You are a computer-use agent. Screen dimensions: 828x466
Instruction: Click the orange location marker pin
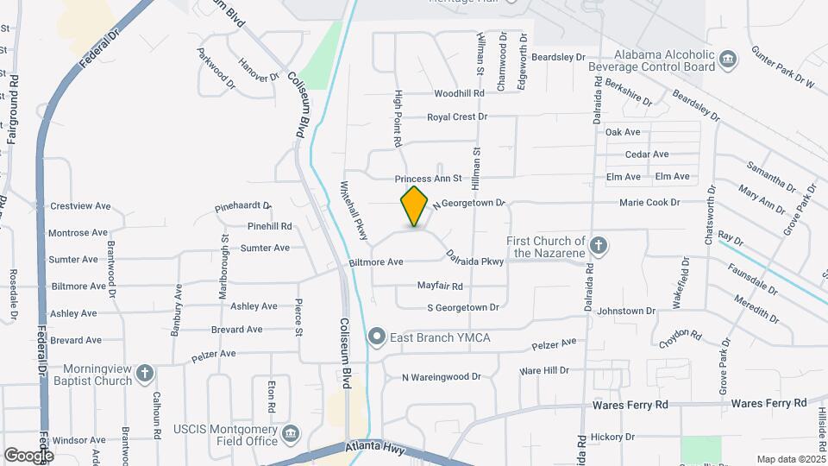click(415, 206)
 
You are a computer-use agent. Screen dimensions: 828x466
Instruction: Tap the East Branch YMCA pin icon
click(376, 337)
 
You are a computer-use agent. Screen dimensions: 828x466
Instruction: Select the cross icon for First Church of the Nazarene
click(599, 247)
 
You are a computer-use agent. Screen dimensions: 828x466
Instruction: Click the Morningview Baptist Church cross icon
click(145, 374)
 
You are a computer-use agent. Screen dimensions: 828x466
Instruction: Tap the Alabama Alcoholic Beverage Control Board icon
click(729, 60)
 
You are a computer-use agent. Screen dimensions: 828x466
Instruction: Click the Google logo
click(28, 455)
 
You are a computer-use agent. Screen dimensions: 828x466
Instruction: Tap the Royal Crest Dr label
click(457, 116)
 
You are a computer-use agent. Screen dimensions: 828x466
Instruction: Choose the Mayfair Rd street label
click(440, 286)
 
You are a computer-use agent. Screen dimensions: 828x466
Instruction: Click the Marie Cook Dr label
click(649, 202)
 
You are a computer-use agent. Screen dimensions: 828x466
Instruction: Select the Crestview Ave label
click(80, 206)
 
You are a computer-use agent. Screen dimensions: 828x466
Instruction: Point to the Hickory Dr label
click(613, 437)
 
